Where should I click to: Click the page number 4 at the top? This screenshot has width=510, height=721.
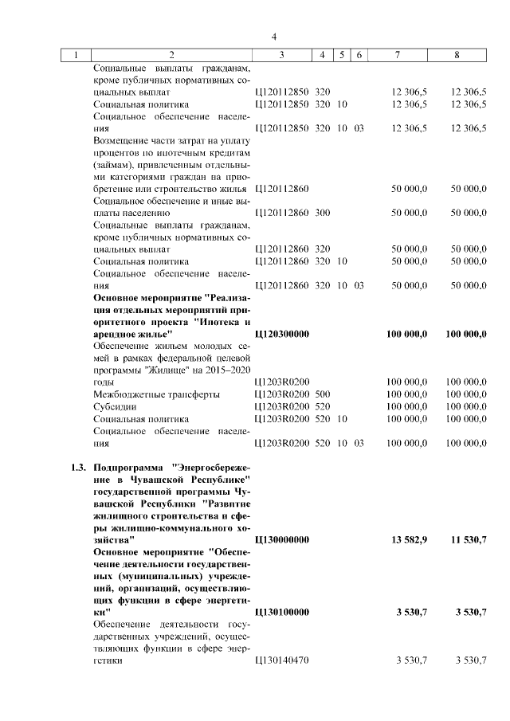[x=273, y=37]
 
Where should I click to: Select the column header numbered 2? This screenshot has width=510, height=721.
[x=171, y=55]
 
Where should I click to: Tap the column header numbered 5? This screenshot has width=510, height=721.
[x=341, y=55]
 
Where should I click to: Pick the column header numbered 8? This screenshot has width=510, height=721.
[x=456, y=55]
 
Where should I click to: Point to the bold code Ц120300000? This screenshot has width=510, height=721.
[x=280, y=335]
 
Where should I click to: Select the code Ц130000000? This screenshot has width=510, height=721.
[x=280, y=540]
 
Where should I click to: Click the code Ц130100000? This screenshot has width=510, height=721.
[x=280, y=612]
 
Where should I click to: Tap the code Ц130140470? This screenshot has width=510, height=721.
[x=280, y=660]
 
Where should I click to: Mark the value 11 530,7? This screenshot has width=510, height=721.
[x=465, y=540]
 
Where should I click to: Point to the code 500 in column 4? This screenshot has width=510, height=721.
[x=323, y=394]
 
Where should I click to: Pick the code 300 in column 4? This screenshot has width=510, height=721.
[x=323, y=213]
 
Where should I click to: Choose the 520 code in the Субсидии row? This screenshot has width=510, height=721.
[x=323, y=406]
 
